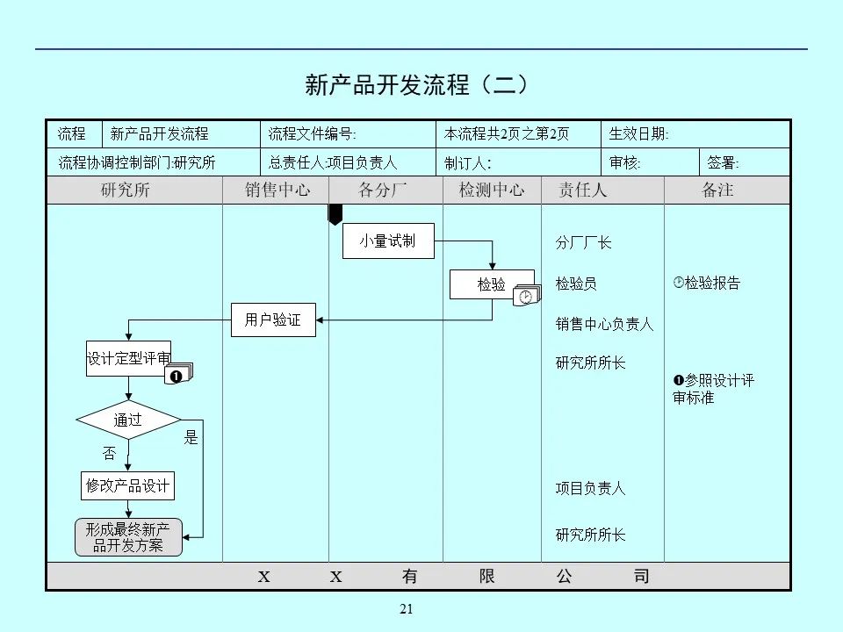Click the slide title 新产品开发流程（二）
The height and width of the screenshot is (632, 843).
418,84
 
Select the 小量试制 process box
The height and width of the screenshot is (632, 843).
387,241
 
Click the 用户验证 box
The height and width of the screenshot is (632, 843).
273,320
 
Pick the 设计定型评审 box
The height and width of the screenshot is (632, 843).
128,358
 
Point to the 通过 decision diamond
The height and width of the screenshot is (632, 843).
128,420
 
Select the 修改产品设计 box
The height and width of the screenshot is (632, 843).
127,485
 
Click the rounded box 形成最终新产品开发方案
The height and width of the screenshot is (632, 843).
127,537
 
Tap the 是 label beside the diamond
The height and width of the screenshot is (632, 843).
191,437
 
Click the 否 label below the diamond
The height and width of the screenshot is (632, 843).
109,454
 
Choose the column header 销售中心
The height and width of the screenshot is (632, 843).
277,190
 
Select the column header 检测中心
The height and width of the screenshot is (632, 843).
492,190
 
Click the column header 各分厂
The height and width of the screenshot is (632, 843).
383,190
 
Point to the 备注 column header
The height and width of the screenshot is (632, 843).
717,190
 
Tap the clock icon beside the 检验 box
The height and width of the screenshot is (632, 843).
526,297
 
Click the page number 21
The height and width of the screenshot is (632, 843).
406,610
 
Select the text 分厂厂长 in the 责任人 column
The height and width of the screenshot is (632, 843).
583,243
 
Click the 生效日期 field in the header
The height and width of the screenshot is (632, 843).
639,134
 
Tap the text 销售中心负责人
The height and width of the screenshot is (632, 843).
604,324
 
